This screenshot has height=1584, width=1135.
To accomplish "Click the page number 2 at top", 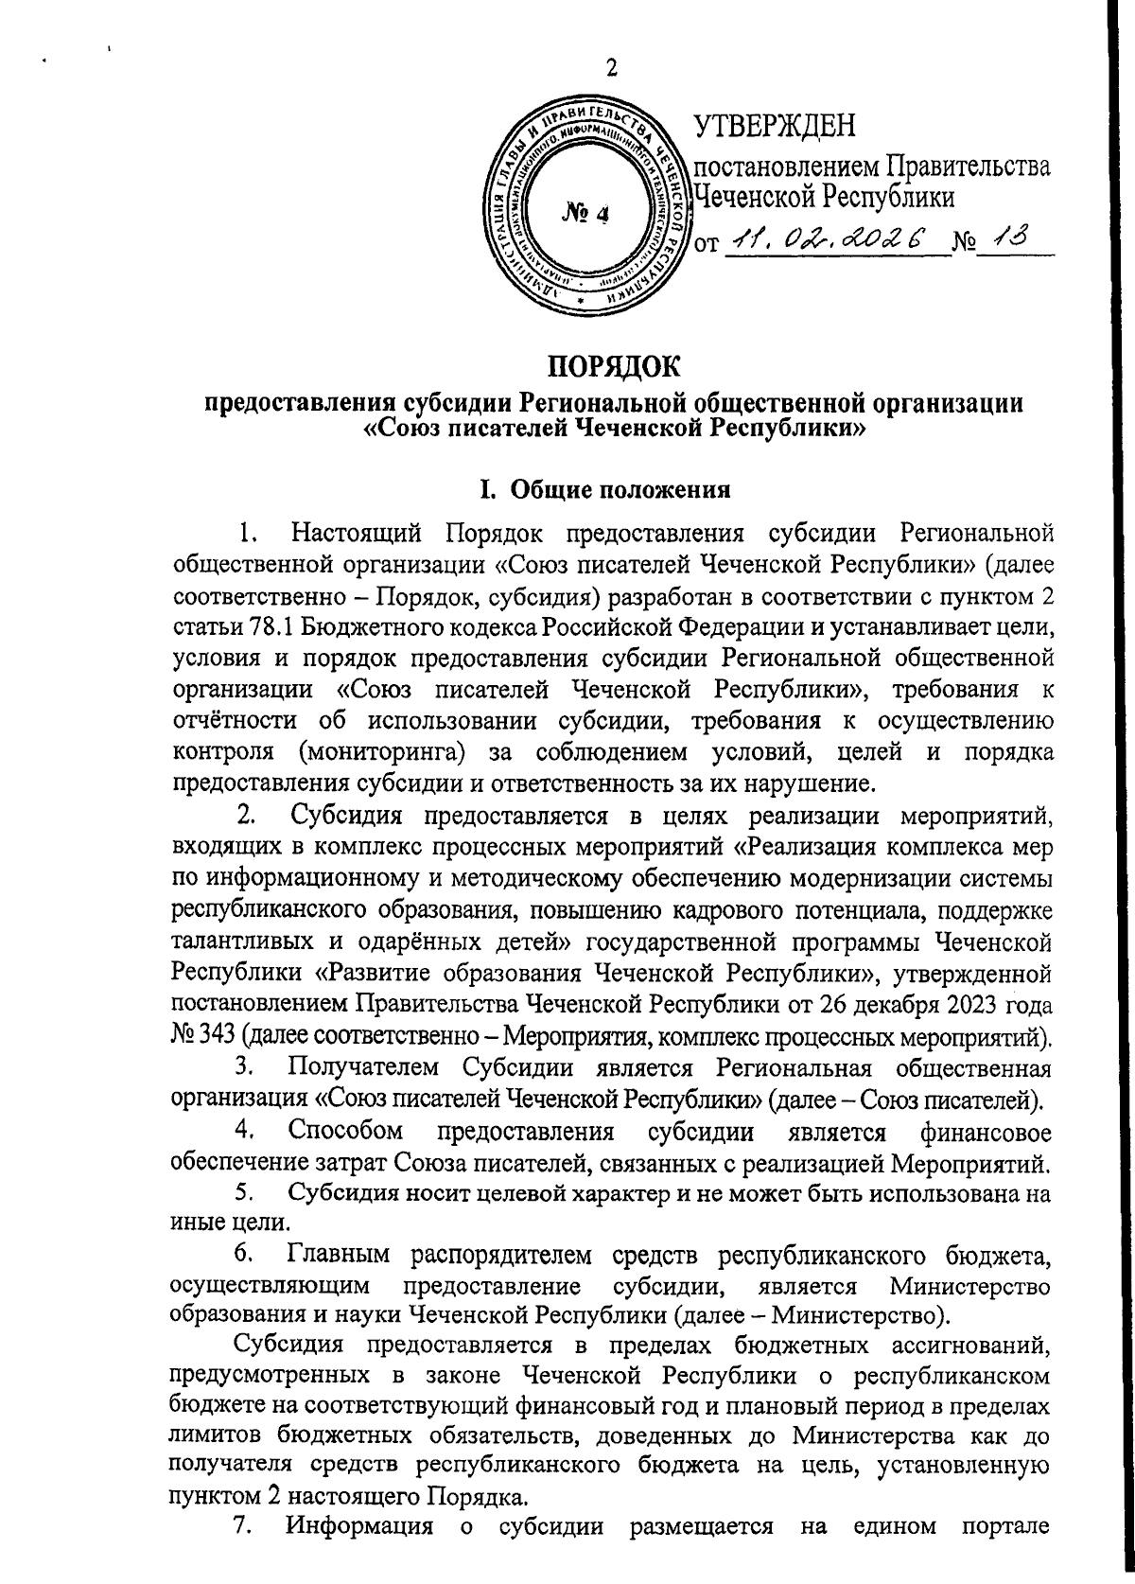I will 611,68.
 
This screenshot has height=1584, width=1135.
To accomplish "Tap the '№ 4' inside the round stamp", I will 587,215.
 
